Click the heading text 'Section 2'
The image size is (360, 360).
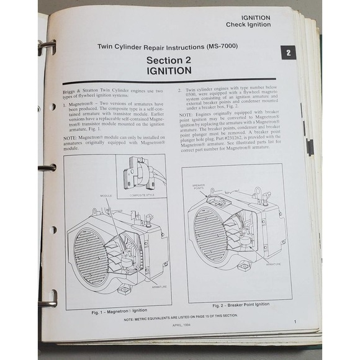[x=169, y=60]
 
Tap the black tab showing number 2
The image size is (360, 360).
[x=288, y=53]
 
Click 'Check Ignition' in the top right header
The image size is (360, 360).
[x=248, y=25]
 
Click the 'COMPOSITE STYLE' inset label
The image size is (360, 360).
[x=140, y=195]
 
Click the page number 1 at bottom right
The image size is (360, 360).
[x=295, y=322]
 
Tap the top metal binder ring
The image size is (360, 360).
[x=47, y=47]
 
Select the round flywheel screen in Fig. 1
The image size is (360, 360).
[x=91, y=256]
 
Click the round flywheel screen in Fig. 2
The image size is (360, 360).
[x=210, y=235]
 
